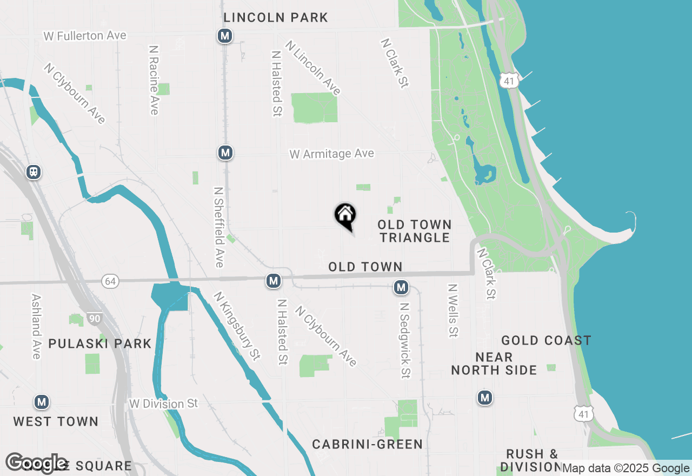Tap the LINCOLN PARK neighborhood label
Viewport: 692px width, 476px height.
[276, 17]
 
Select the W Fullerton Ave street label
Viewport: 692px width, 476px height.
[85, 36]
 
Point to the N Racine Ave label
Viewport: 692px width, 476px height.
[154, 80]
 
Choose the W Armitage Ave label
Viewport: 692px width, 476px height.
[331, 154]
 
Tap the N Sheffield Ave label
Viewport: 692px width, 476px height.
[219, 227]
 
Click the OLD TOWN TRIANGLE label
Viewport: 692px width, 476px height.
[414, 231]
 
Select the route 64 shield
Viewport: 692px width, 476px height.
[110, 281]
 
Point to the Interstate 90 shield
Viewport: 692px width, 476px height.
[95, 319]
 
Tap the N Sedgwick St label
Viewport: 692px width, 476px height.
[404, 340]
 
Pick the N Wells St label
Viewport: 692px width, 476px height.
[453, 310]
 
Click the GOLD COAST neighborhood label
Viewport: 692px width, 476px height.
[546, 340]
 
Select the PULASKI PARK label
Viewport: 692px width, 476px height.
[100, 343]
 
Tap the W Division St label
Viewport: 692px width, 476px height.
[163, 404]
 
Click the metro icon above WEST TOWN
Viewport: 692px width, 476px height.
[42, 402]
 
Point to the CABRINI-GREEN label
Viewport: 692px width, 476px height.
[368, 444]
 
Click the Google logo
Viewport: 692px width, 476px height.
[36, 463]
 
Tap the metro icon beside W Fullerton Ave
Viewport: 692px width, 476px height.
[225, 36]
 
